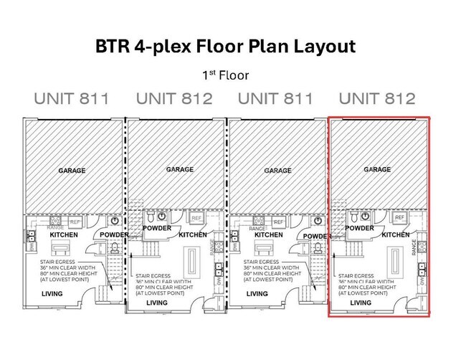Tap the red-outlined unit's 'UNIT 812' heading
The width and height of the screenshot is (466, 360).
point(376,98)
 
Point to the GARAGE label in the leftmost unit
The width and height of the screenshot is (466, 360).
point(72,171)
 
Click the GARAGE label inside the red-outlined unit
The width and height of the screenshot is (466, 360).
point(377,170)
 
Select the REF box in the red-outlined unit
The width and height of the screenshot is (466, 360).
point(399,217)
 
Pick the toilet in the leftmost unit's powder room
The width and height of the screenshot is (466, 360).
point(115,248)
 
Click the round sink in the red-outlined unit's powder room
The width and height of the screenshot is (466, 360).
point(366,216)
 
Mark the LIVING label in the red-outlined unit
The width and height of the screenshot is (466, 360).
point(361,303)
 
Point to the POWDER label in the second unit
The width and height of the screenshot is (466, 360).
point(157,228)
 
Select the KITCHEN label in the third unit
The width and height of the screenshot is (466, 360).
point(268,235)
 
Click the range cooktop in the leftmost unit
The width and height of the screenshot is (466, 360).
point(55,223)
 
